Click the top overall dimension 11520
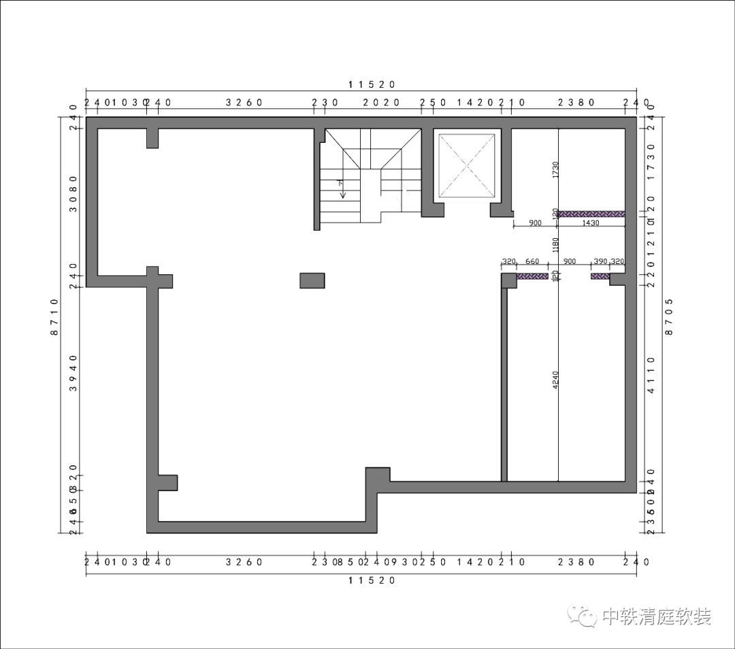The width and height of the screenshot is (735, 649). (x=372, y=84)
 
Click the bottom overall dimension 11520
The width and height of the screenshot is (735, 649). (x=372, y=580)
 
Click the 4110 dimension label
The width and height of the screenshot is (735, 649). (x=651, y=376)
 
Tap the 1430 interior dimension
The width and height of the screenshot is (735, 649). (x=590, y=223)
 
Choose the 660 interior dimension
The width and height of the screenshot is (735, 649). (x=532, y=261)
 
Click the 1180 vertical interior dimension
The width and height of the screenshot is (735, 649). (x=555, y=244)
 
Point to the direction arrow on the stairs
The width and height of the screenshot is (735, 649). (x=342, y=189)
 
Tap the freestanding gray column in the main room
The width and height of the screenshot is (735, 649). (x=312, y=280)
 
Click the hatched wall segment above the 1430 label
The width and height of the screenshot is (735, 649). (x=591, y=214)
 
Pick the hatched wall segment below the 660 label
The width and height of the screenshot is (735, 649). (x=532, y=276)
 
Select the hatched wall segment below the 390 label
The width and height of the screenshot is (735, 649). (x=600, y=276)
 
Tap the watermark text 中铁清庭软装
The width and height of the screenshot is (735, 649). (x=657, y=617)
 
